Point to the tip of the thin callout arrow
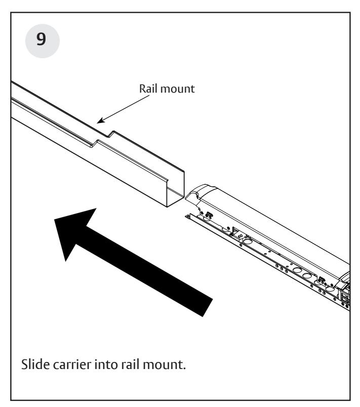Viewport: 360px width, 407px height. click(98, 122)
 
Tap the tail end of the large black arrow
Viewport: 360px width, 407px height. click(205, 303)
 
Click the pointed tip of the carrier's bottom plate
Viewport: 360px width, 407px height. click(186, 215)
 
